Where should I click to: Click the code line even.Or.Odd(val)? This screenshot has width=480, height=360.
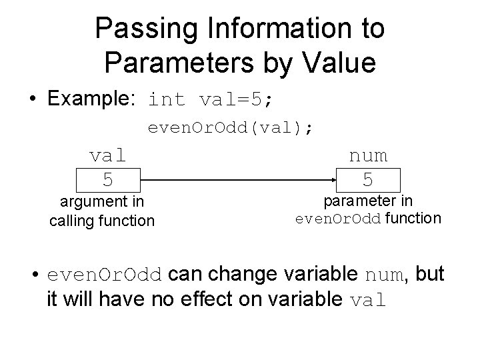(x=229, y=127)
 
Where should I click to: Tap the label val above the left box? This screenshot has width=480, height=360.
(x=107, y=155)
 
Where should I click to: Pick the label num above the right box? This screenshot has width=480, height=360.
(x=368, y=155)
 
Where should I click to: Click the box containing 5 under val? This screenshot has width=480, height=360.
(x=107, y=180)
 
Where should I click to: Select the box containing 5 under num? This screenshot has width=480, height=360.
(x=368, y=180)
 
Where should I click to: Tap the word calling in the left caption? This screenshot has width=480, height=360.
(x=71, y=220)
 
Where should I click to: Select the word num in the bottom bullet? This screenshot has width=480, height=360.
(x=383, y=275)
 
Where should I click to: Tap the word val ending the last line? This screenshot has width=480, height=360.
(x=368, y=299)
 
